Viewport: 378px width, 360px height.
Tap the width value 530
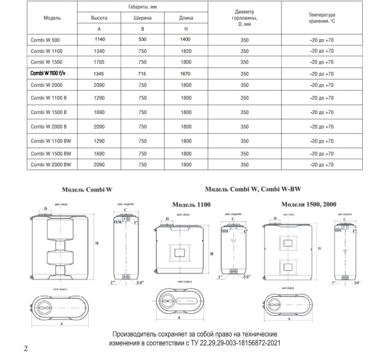point(142,39)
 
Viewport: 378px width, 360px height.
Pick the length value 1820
point(186,51)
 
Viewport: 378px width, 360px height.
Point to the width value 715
point(142,73)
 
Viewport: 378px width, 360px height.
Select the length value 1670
point(186,73)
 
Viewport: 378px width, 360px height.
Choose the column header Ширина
point(142,18)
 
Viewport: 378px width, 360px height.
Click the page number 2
point(25,348)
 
